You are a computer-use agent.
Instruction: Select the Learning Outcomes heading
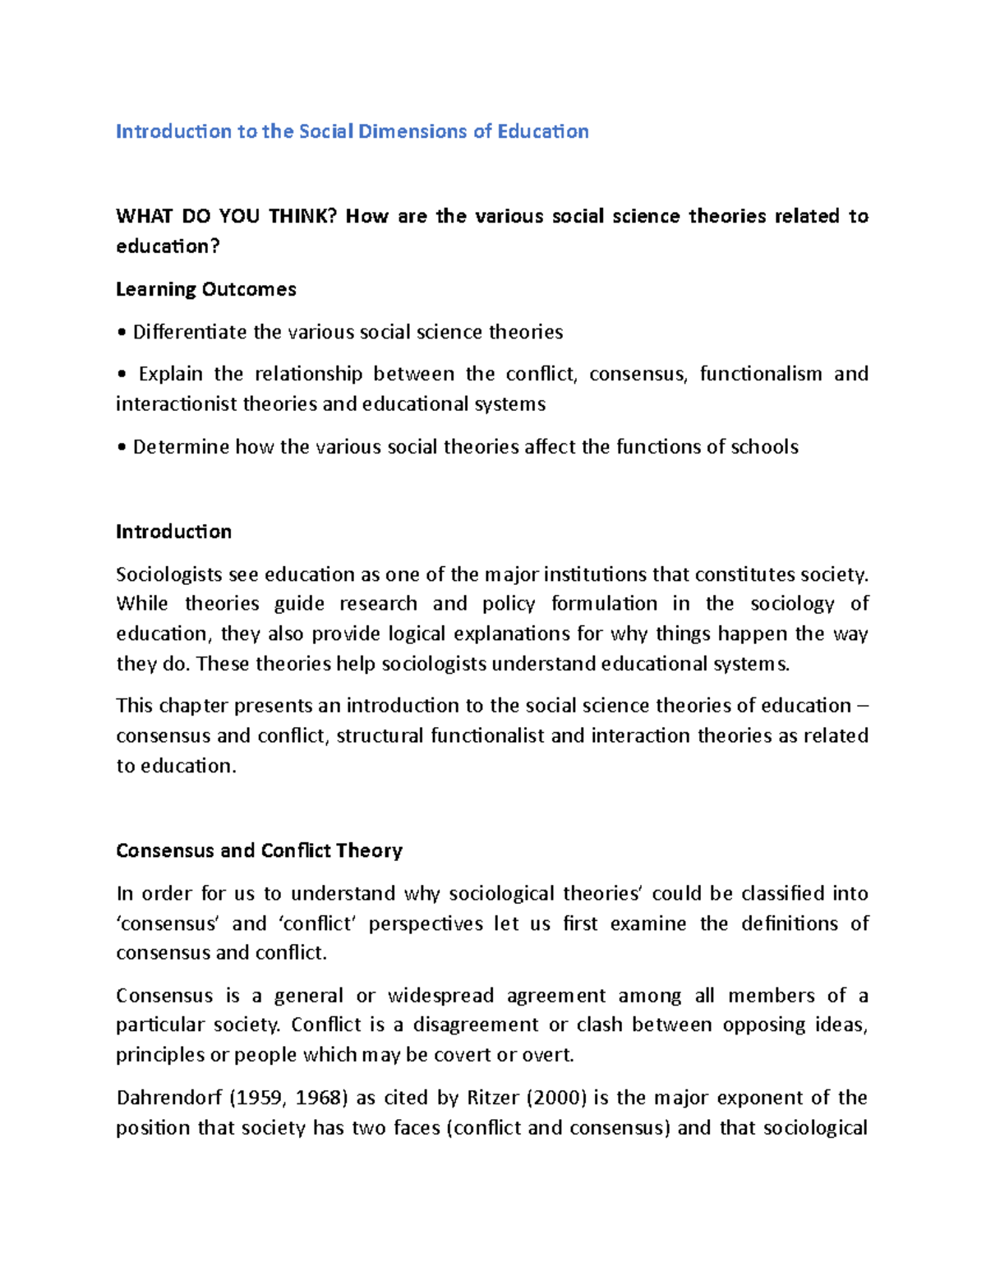click(206, 289)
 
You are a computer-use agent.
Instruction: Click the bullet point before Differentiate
click(122, 333)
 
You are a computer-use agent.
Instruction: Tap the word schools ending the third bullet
click(764, 447)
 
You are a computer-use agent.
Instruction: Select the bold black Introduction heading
click(173, 532)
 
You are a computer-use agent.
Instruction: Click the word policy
click(509, 604)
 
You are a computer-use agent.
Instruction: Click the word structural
click(380, 735)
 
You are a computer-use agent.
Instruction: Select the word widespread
click(440, 996)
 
